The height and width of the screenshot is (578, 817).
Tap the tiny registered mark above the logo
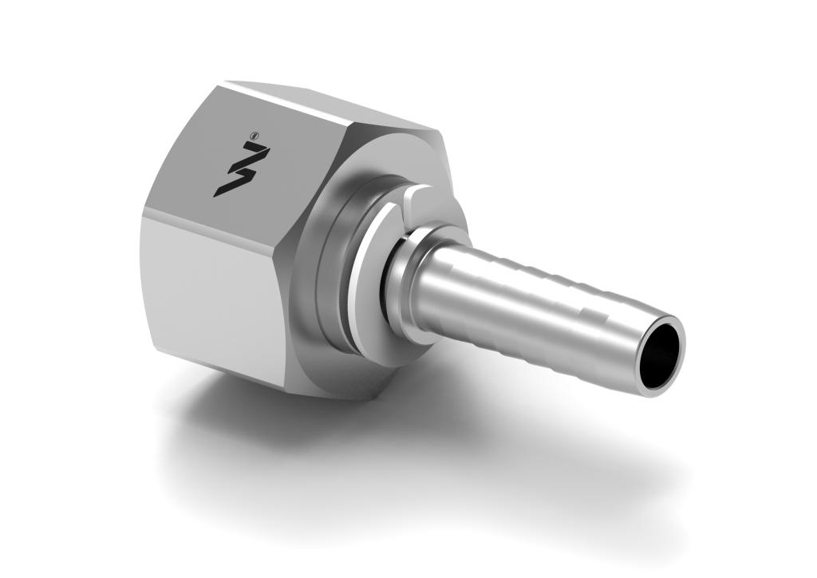click(x=254, y=137)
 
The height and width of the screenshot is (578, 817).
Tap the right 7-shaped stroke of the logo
click(x=255, y=160)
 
